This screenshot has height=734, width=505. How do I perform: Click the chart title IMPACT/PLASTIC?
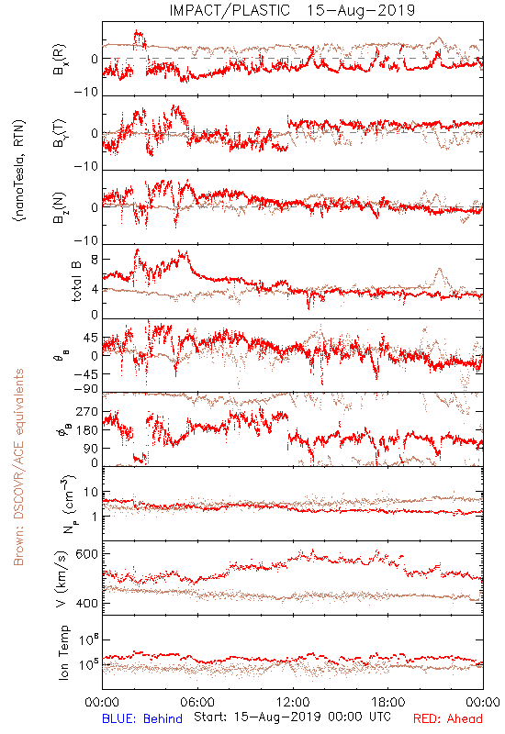230,10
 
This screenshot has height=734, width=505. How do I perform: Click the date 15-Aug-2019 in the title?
361,10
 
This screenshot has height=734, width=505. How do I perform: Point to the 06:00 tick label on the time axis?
197,702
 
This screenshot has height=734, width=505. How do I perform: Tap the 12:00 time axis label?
293,702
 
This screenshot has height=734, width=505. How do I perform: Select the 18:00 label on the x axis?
388,702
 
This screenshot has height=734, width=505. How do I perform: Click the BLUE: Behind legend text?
142,718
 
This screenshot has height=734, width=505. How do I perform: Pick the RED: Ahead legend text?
447,718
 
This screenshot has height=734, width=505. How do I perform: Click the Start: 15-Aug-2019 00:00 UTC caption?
292,717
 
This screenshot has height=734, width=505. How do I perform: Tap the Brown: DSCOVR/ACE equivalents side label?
18,467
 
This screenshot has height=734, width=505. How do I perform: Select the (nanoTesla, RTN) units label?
19,171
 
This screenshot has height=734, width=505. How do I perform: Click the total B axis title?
76,281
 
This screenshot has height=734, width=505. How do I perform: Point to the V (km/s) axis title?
62,579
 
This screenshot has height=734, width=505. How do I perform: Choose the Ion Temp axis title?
63,652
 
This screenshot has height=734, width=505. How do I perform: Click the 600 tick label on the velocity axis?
86,554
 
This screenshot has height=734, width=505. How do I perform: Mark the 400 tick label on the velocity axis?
86,603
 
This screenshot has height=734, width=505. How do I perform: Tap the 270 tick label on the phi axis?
86,411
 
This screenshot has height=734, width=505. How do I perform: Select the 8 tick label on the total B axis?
95,260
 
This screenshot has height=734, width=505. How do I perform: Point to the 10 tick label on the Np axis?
91,492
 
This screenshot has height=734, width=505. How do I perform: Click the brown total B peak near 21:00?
439,269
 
